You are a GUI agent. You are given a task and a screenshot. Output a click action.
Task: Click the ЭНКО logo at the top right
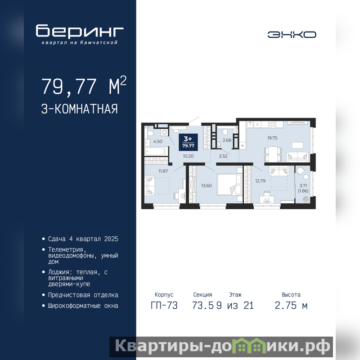coord(292,35)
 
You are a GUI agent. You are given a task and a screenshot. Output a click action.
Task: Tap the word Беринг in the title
coord(80,31)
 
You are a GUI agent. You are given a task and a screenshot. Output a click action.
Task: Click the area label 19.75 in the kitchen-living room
coord(272,138)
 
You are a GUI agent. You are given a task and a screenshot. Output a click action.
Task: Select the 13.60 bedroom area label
coord(207,186)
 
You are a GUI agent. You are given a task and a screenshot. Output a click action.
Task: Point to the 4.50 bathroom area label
coord(158,141)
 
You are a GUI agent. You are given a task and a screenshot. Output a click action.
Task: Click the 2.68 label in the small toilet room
coord(227,140)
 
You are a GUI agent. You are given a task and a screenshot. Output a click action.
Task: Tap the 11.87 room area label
coord(163,171)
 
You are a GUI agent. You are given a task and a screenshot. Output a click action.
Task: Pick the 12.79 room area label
coord(261,181)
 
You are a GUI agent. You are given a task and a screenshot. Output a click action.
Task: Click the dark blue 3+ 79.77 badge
coord(188,142)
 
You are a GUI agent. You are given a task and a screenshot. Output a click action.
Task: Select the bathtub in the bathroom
coord(155,152)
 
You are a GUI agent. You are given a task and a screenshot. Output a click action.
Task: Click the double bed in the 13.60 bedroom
coord(229,184)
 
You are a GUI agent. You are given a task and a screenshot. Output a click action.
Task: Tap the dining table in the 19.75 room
coord(273,154)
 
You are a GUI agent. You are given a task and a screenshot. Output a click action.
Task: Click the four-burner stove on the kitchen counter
coord(272,125)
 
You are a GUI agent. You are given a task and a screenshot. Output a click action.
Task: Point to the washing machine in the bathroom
coord(164,132)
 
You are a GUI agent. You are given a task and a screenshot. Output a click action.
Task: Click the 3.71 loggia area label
coord(303,186)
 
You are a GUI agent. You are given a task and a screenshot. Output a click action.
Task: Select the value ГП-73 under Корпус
coord(164,306)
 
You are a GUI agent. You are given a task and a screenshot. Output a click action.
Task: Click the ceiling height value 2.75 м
coord(291,306)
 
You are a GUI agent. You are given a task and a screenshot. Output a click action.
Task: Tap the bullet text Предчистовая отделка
coord(83,295)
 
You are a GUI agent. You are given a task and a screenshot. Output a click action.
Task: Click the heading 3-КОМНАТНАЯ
coord(80,109)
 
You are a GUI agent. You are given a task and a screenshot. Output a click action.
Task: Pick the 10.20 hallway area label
coord(188,156)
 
